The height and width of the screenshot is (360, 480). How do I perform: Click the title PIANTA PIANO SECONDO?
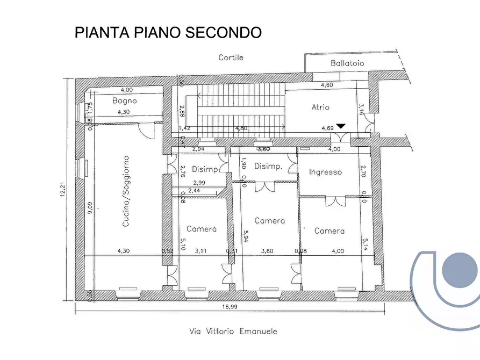168,32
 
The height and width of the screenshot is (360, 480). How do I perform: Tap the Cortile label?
231,57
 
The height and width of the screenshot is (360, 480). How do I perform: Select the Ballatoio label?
347,63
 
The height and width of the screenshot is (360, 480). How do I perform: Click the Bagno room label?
124,100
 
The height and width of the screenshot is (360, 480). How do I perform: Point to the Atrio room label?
320,107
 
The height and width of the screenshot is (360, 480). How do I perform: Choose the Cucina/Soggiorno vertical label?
126,191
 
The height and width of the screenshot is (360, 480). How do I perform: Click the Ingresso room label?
325,172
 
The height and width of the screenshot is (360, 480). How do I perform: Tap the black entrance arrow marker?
341,126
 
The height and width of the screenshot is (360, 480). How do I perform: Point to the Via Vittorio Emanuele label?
230,332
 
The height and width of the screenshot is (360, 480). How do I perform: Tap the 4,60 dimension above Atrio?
327,85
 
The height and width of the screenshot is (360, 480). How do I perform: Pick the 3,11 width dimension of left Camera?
201,250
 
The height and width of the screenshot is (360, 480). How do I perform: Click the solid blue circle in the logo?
460,269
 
